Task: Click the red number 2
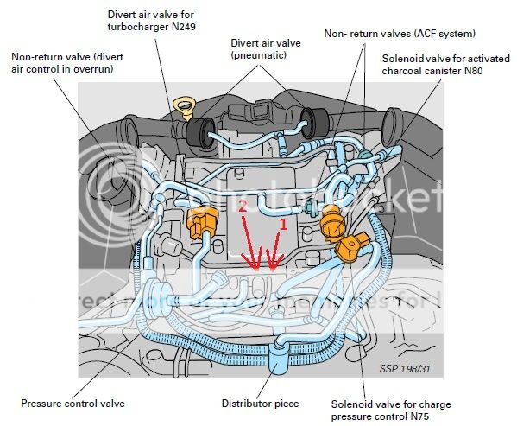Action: click(243, 208)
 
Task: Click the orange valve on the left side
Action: click(199, 224)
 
